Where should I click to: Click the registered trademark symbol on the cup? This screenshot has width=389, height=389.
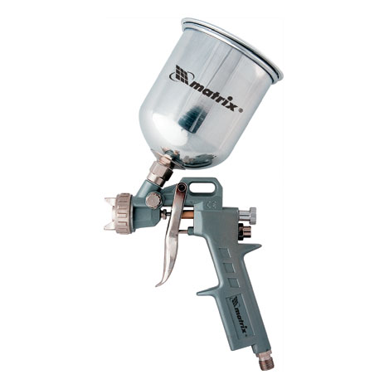coord(241,110)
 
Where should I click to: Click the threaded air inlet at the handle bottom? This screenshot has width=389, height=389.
coord(265,361)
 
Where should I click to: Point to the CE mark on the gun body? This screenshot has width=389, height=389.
coord(211,205)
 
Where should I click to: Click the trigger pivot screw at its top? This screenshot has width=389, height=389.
coord(181,187)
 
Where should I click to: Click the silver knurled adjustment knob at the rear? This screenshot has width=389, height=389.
coord(247,213)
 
